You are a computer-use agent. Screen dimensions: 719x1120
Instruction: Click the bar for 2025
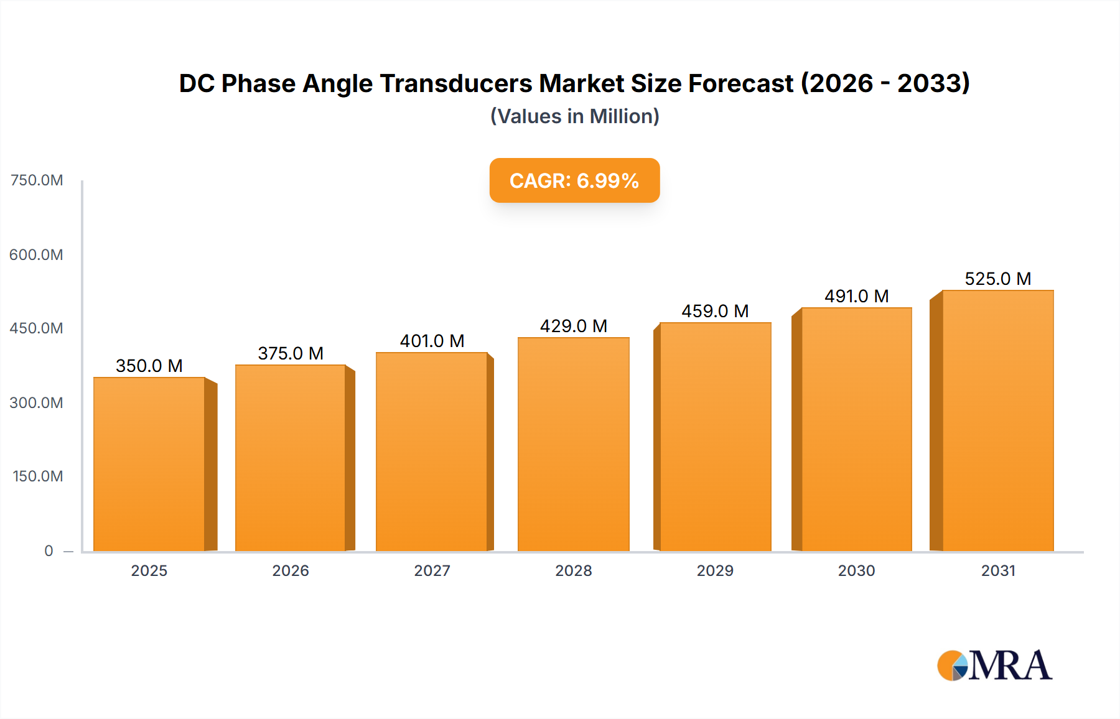pos(149,464)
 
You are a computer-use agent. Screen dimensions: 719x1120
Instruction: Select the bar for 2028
pos(573,444)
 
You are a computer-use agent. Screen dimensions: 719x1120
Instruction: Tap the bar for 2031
pos(997,420)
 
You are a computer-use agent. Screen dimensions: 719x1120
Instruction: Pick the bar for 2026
pos(291,458)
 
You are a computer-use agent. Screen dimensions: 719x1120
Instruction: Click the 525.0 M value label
pos(997,279)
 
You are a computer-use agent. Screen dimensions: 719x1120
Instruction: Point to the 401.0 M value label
pos(432,341)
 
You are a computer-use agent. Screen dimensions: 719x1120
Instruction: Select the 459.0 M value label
pos(715,311)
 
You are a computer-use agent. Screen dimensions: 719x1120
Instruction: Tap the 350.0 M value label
pos(149,366)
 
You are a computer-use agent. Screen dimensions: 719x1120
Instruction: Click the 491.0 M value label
pos(856,296)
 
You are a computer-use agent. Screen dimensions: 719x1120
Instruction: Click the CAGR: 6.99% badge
pos(574,180)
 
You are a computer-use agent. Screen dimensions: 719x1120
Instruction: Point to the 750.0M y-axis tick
pos(37,180)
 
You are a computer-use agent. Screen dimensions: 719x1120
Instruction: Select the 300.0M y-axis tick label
pos(37,402)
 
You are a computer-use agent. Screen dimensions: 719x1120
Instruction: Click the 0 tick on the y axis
pos(49,550)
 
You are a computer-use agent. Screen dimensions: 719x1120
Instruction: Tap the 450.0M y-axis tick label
pos(37,328)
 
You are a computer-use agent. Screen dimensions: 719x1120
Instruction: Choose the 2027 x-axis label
pos(432,570)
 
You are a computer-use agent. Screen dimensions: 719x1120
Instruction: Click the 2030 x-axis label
pos(856,570)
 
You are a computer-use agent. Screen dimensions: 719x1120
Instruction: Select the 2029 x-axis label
pos(715,570)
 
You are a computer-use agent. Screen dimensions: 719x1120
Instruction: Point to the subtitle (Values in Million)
pos(574,116)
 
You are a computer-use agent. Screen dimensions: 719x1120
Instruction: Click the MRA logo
pos(994,666)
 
